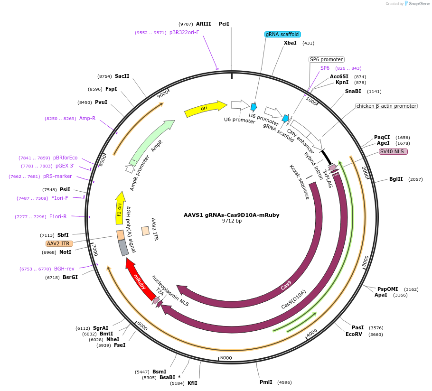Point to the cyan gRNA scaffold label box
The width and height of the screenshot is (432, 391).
(x=282, y=34)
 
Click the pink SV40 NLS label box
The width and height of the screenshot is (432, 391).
(x=393, y=152)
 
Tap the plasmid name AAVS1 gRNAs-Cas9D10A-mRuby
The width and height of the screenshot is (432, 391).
(x=231, y=215)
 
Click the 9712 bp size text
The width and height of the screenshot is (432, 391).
(x=231, y=221)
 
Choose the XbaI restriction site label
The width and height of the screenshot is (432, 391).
(x=290, y=43)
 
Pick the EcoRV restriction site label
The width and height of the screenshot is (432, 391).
(x=354, y=334)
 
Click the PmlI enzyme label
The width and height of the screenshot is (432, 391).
(x=266, y=382)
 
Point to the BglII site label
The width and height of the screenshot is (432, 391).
(x=396, y=179)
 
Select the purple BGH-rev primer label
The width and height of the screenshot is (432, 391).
(x=64, y=269)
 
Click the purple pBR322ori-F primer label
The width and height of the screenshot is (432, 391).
(x=184, y=33)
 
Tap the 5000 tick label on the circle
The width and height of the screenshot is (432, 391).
(x=226, y=358)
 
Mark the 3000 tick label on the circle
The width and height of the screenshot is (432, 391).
(x=365, y=261)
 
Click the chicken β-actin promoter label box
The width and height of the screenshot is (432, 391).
(x=386, y=106)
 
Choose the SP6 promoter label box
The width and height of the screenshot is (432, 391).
(x=326, y=60)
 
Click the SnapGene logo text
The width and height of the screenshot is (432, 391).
(x=419, y=4)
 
